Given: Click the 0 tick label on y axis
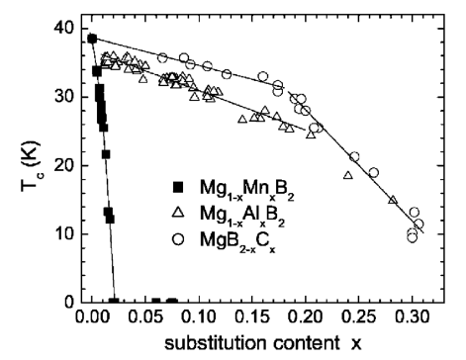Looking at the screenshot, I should point(67,302).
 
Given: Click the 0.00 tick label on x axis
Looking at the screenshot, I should point(92,319).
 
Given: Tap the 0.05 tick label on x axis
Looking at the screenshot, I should point(145,319).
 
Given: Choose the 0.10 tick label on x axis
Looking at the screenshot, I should point(199,319).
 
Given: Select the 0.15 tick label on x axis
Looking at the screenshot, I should point(252,319).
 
